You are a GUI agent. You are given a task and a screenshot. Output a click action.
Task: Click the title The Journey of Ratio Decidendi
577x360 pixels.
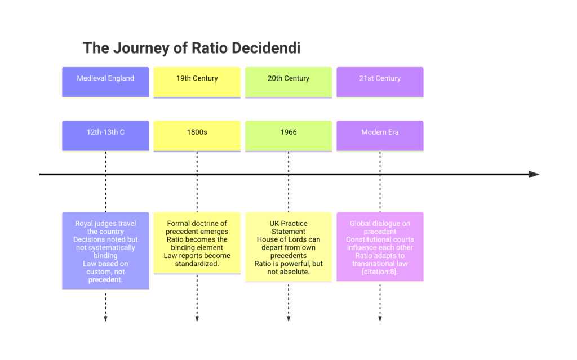tap(192, 48)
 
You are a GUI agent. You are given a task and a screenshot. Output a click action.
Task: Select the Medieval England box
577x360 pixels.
tap(105, 82)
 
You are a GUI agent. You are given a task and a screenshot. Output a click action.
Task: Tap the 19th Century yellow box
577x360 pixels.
tap(197, 82)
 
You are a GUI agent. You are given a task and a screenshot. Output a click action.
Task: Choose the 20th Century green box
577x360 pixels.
tap(288, 82)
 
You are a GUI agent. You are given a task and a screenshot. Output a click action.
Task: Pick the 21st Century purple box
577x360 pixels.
tap(380, 82)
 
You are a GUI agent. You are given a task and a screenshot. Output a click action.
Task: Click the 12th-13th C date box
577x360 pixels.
tap(105, 135)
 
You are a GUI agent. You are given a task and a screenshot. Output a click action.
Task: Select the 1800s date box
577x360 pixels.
tap(197, 135)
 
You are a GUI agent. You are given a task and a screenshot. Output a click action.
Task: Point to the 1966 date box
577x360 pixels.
tap(288, 135)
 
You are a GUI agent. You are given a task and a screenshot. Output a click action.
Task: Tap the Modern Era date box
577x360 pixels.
tap(380, 135)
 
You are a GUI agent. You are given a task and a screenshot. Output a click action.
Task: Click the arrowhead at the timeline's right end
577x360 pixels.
tap(534, 175)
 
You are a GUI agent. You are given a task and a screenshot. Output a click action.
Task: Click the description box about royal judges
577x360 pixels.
tap(105, 251)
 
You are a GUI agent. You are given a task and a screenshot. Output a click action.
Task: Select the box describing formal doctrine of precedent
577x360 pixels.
tap(197, 243)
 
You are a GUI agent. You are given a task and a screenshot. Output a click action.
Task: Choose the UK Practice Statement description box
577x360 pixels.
tap(288, 247)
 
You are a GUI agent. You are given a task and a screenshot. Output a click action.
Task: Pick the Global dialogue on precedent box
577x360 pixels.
tap(380, 246)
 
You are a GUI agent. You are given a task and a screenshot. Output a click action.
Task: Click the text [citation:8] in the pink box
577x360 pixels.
tap(380, 272)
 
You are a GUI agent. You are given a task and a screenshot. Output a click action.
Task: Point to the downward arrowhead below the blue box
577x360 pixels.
tap(105, 319)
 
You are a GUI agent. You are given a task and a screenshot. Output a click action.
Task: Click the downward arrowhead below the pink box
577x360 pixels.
tap(380, 319)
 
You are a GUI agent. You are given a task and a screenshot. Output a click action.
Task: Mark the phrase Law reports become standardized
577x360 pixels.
tap(197, 259)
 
